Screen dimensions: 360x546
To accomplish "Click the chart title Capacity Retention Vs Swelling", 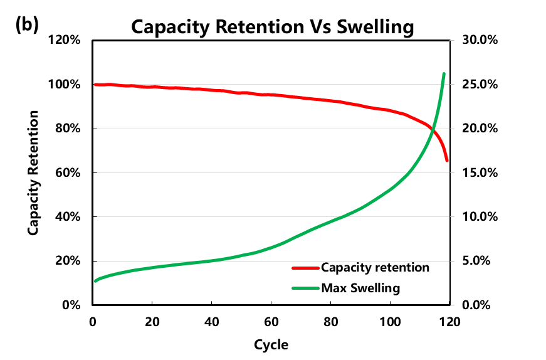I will click(x=273, y=27).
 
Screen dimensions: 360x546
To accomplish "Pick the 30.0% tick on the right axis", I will click(x=480, y=41).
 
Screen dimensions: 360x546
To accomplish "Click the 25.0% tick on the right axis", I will click(x=480, y=85).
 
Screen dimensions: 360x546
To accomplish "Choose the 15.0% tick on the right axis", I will click(x=480, y=173).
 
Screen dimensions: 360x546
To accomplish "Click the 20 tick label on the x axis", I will click(x=152, y=321).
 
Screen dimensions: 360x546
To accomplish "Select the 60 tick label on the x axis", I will click(x=271, y=321).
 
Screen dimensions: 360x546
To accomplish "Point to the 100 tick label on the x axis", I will click(x=390, y=321).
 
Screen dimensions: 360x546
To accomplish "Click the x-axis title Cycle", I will click(x=271, y=344).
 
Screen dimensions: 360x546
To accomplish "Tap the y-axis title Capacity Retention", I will click(x=33, y=173).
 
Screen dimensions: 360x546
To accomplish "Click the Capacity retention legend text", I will click(x=375, y=268).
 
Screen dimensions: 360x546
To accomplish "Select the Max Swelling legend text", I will click(x=360, y=289).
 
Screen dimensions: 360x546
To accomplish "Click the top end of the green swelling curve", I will click(x=444, y=74).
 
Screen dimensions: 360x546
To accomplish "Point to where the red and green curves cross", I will click(x=432, y=129).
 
